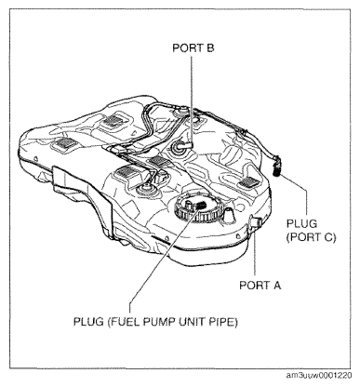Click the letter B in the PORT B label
click(x=210, y=48)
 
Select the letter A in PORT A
click(x=276, y=285)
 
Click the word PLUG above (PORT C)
click(x=301, y=223)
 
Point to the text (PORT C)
click(x=311, y=237)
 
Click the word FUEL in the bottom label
click(x=127, y=322)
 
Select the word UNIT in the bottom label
click(x=191, y=322)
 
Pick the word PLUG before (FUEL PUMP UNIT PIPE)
click(x=88, y=322)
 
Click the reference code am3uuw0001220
click(x=319, y=376)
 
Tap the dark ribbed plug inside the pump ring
click(x=200, y=205)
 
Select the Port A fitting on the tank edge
click(x=255, y=222)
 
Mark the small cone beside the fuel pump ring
click(x=229, y=215)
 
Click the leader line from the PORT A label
click(x=255, y=251)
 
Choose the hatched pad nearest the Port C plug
click(x=248, y=182)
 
